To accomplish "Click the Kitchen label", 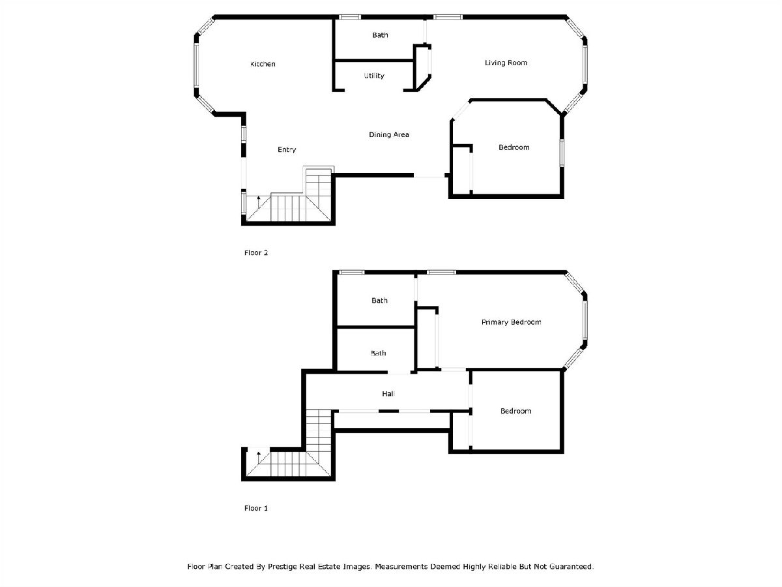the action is point(263,64).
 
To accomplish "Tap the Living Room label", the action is point(506,63).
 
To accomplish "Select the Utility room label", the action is point(373,76).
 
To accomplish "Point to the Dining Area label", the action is point(388,135).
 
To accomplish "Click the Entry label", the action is point(287,150).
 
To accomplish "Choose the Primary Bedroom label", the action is point(511,323).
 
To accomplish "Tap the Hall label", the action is point(388,394).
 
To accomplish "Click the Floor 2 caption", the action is point(256,253).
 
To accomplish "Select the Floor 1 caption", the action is point(256,508).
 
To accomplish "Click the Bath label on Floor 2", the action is point(380,35).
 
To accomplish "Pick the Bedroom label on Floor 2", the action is point(514,147).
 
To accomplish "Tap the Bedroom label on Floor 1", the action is point(515,412).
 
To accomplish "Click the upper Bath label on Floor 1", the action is point(379,301).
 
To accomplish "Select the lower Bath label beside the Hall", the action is point(378,354).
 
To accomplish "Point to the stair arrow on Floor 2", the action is point(259,202).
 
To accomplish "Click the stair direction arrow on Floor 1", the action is point(259,457).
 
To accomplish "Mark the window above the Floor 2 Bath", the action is point(349,17).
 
